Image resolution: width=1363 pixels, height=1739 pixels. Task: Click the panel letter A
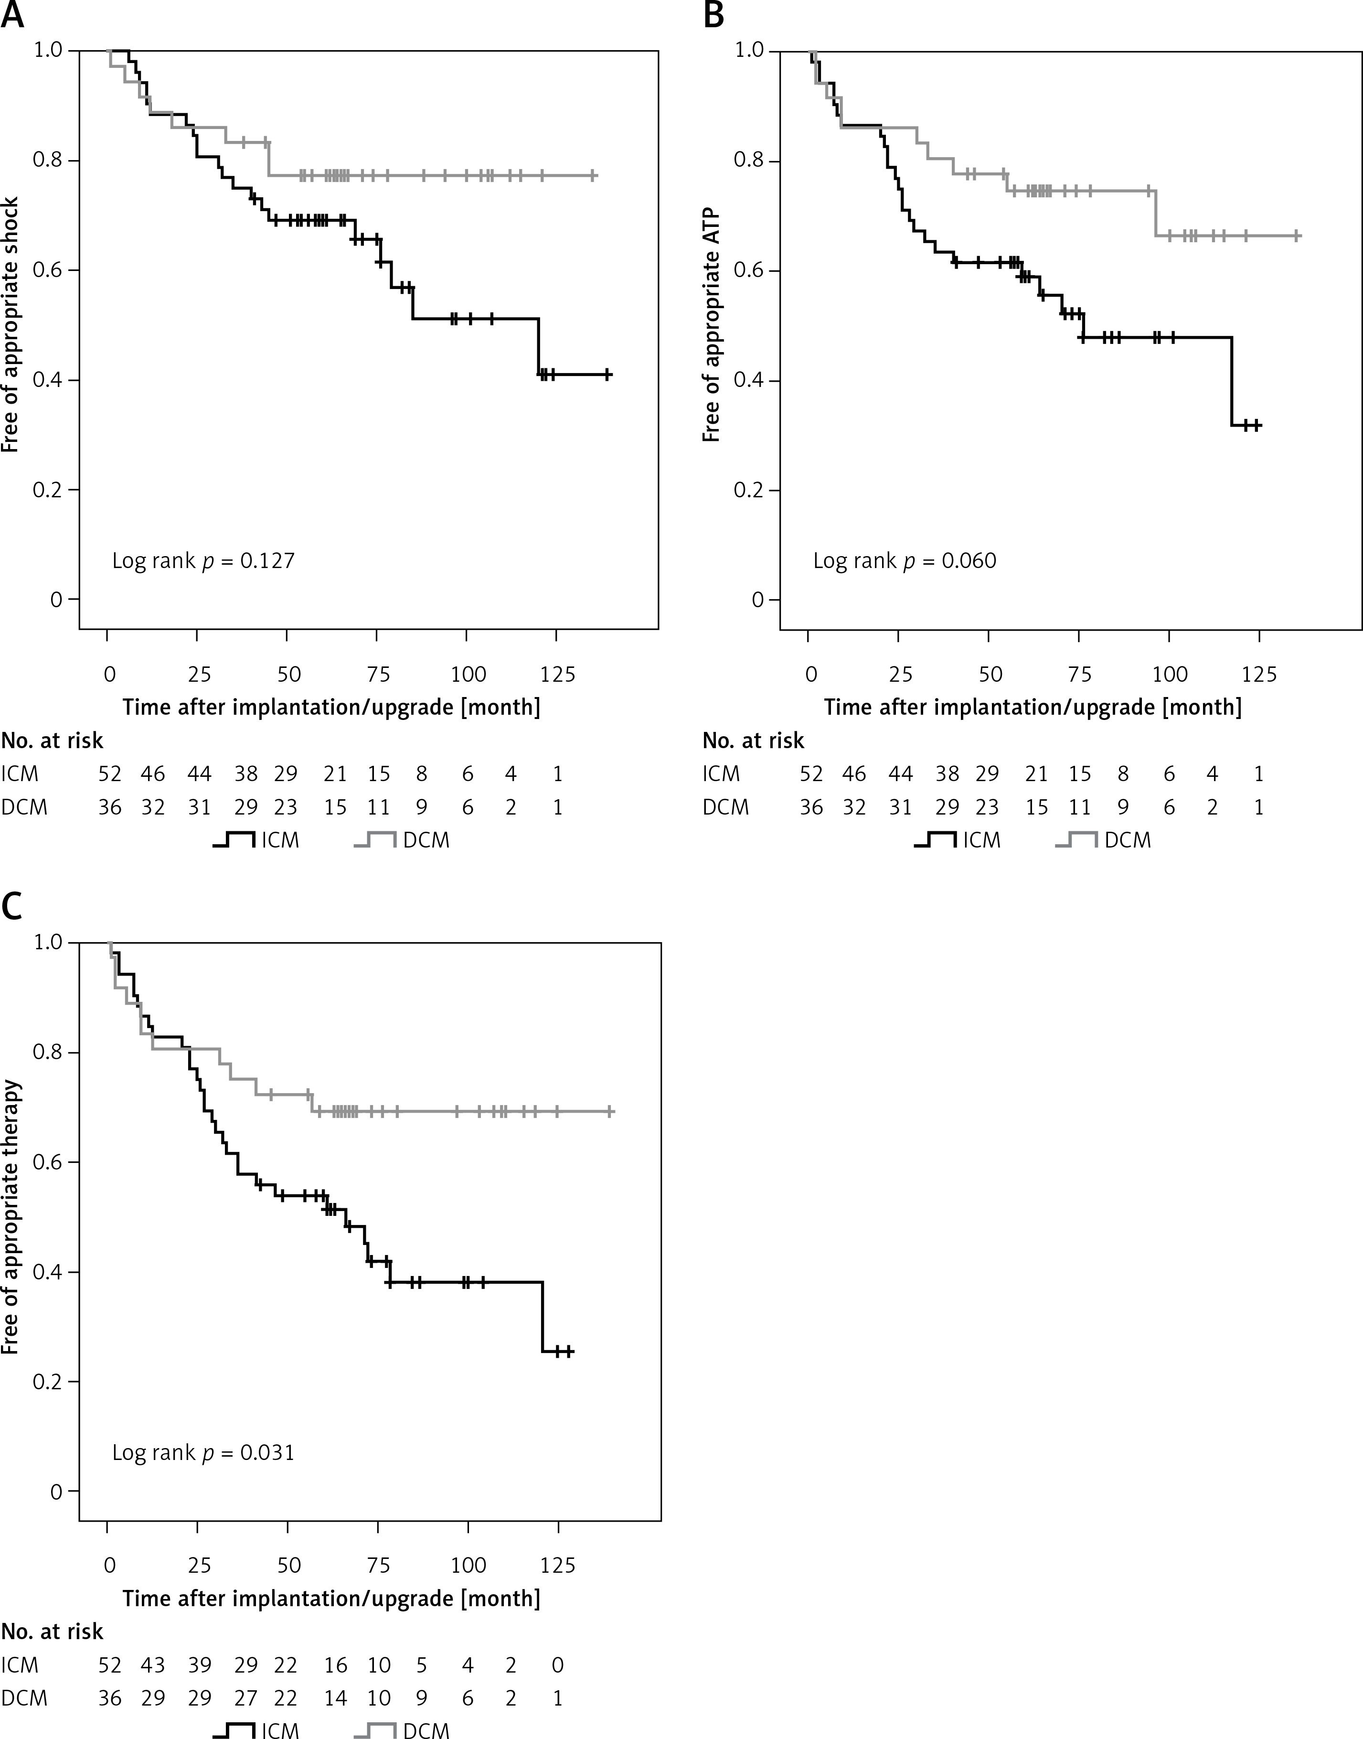pos(11,14)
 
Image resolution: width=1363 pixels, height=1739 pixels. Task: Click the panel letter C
pos(11,907)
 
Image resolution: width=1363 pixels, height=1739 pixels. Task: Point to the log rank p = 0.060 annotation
pos(904,561)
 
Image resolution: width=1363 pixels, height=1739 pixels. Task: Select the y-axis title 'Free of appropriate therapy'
pos(11,1216)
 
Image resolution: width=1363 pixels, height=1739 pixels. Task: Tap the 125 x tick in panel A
pos(557,675)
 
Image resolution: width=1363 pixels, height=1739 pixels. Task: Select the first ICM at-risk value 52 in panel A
pos(109,774)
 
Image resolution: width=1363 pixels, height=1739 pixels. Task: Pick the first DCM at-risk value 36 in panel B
pos(811,808)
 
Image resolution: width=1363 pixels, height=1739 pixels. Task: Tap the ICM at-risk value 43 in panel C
pos(152,1665)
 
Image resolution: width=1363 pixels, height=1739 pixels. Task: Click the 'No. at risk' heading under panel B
pos(753,741)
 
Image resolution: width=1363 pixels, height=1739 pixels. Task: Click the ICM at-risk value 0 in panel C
pos(557,1665)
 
